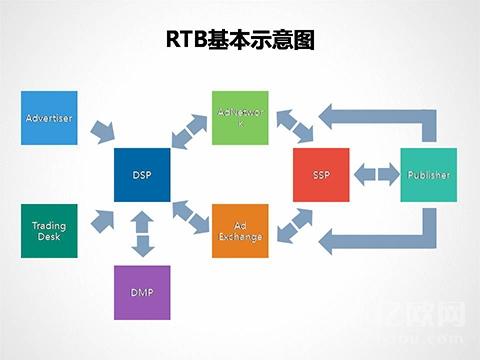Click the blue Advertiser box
pos(49,118)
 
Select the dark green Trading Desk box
pos(49,231)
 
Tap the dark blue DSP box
pos(142,175)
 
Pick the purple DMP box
pos(142,292)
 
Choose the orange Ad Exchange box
pos(241,231)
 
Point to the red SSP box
pos(321,175)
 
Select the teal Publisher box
pos(428,175)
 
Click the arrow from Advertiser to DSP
pos(101,131)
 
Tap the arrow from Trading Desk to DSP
pos(101,218)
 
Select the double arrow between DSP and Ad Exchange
pos(191,213)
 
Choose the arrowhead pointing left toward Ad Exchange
pos(340,240)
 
